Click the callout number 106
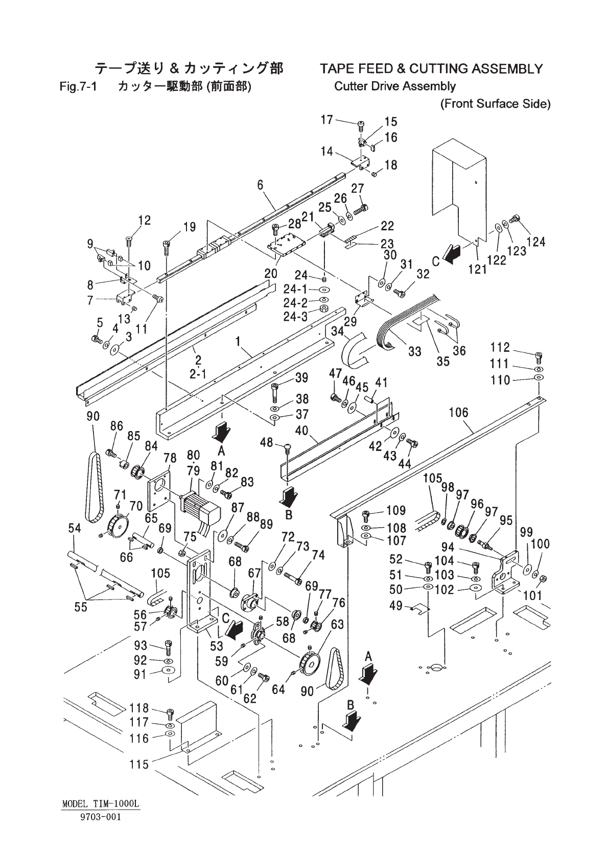458,413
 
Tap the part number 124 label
535,242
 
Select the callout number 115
139,764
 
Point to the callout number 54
75,529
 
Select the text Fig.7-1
78,86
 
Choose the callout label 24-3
296,317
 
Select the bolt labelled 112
539,355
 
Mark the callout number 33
414,351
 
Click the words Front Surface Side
495,104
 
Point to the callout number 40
301,431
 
